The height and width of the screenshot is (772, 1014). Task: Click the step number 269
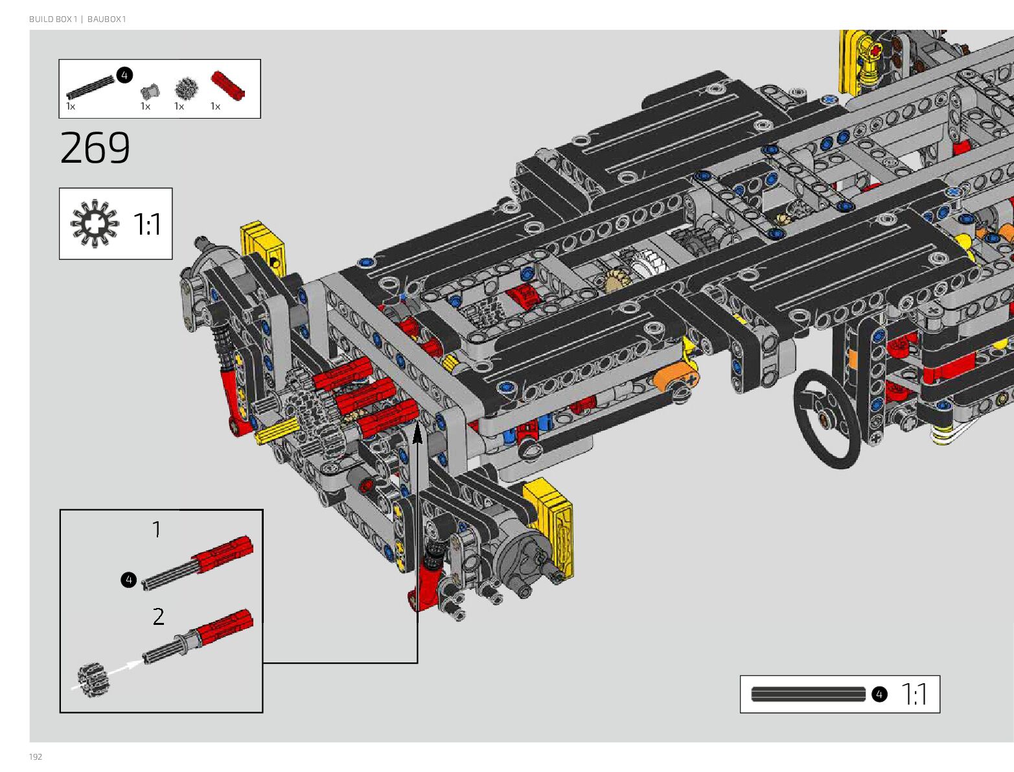[95, 147]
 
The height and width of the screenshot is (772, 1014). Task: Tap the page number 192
[36, 756]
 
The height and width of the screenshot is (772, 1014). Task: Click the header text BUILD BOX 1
[52, 19]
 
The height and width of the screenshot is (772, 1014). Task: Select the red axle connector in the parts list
[228, 86]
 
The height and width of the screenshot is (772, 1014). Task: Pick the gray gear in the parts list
[186, 89]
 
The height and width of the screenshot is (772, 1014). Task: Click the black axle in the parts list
[90, 88]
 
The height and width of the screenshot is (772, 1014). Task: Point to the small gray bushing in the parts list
[150, 91]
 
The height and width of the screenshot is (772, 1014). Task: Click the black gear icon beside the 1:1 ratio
[95, 224]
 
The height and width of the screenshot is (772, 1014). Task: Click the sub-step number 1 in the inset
[157, 529]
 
